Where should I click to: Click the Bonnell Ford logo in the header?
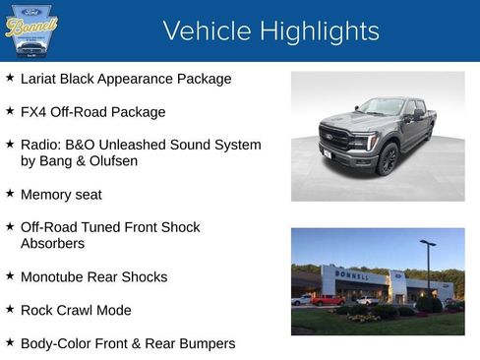point(31,30)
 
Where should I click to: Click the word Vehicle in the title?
point(200,31)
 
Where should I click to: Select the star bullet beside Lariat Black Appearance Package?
point(10,77)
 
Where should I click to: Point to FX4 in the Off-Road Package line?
point(34,112)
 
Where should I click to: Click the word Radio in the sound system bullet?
point(41,145)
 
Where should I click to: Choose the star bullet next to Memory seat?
point(10,193)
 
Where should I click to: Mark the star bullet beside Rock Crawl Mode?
point(10,308)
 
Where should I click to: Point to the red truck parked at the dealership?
point(329,300)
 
